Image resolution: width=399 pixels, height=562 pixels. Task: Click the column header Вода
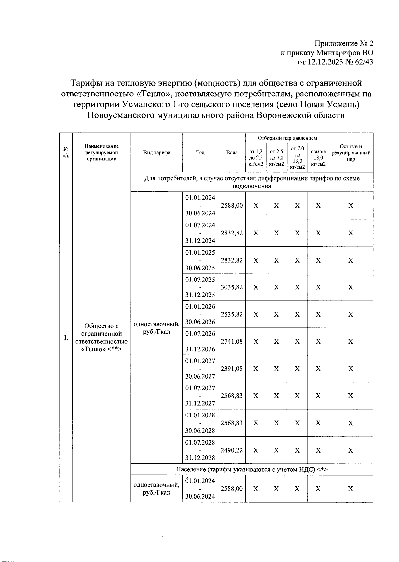click(x=232, y=152)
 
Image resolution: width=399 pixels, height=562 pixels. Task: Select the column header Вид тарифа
click(x=156, y=152)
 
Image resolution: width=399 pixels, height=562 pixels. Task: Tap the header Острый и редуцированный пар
click(x=351, y=152)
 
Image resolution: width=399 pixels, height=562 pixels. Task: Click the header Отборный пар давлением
click(x=287, y=138)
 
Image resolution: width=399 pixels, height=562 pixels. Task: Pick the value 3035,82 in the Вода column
click(x=232, y=287)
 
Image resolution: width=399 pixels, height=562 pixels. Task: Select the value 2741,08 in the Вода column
click(x=232, y=341)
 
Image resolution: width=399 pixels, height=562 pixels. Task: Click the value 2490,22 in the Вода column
click(x=232, y=450)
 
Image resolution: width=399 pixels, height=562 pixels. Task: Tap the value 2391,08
click(x=232, y=369)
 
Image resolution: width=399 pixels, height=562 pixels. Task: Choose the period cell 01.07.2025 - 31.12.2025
click(x=200, y=287)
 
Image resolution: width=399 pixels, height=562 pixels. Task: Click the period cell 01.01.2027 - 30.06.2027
click(x=200, y=369)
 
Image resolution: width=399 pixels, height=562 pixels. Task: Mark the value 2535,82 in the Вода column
click(x=232, y=314)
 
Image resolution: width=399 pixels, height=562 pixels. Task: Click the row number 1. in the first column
click(x=66, y=338)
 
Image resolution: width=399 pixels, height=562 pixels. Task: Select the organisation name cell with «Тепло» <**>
click(x=101, y=337)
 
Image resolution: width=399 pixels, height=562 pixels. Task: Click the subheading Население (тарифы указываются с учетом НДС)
click(x=252, y=469)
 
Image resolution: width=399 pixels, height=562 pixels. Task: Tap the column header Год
click(x=200, y=152)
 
